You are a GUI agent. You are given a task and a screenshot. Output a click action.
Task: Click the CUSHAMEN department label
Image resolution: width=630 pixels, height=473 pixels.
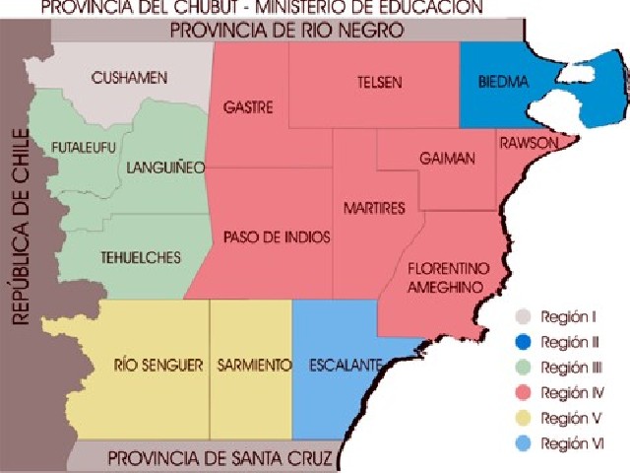(131, 77)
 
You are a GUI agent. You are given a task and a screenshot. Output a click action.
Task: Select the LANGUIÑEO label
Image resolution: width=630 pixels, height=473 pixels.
(165, 168)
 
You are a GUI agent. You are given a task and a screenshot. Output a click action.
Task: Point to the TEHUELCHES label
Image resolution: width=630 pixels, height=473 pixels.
(141, 257)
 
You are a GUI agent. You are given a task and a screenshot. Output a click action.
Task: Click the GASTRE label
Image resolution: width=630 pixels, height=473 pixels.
(248, 106)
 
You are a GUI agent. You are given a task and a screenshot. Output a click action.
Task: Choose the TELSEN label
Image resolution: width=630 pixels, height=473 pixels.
(379, 83)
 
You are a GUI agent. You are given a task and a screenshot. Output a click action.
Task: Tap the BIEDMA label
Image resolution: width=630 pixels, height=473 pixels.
(502, 83)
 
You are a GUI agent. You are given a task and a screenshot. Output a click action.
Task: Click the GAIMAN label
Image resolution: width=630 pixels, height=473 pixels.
(447, 159)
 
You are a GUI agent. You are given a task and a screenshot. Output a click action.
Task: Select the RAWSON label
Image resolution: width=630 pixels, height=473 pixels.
(530, 143)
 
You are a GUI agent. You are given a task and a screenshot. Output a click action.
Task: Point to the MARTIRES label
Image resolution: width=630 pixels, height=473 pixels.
(374, 209)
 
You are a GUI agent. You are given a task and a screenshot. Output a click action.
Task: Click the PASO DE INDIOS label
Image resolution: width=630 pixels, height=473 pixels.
(277, 237)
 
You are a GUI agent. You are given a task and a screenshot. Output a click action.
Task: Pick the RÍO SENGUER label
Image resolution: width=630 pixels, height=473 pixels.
(157, 365)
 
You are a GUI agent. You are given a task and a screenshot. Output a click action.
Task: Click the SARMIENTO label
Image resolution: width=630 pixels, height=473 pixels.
(254, 365)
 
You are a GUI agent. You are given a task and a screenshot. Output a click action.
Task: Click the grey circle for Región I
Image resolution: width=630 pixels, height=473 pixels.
(524, 317)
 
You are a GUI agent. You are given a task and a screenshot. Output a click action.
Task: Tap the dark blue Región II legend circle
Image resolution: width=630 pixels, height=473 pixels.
(524, 343)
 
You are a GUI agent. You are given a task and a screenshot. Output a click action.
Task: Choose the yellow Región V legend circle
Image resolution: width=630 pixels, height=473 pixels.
(524, 418)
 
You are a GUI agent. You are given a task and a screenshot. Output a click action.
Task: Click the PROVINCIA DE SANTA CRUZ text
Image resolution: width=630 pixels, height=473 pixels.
(220, 458)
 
